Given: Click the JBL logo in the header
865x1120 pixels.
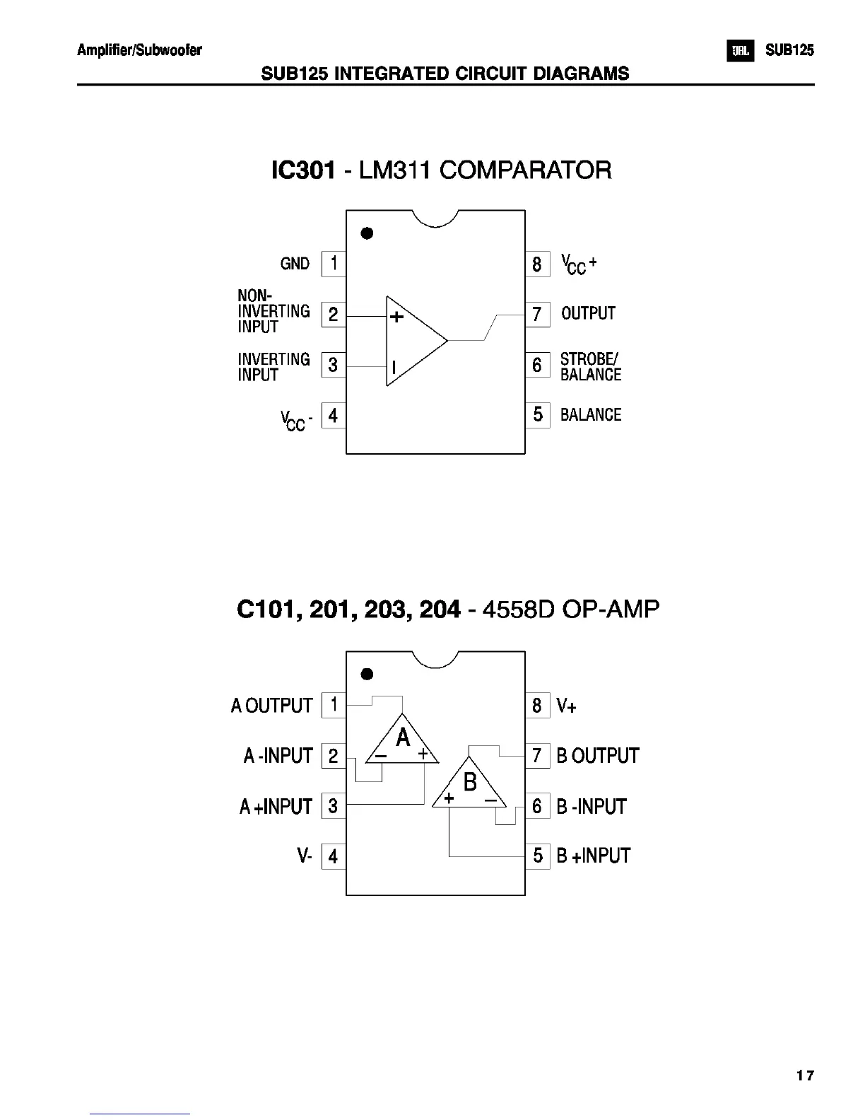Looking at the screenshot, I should coord(740,51).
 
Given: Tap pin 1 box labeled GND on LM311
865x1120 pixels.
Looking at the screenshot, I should coord(334,264).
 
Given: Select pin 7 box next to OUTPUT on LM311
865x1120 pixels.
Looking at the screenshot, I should coord(537,314).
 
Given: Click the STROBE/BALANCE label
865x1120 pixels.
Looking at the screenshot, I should coord(590,367).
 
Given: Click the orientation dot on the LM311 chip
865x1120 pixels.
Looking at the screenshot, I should coord(367,233).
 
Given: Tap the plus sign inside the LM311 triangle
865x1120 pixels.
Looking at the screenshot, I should coord(397,317).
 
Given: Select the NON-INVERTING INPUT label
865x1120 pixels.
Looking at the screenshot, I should coord(273,311).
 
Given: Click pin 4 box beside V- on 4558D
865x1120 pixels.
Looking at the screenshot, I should coord(334,857).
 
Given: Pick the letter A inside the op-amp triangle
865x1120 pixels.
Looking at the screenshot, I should coord(403,738).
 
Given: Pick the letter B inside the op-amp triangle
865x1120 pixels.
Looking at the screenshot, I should coord(470,782).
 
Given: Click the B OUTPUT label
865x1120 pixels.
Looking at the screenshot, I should coord(597,756).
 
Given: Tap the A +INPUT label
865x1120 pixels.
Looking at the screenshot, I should coord(276,807).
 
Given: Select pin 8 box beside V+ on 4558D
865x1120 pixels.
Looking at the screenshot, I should coord(537,705).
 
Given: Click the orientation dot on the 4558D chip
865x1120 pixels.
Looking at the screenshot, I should coord(367,674).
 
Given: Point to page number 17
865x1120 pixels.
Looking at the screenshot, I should coord(804,1075).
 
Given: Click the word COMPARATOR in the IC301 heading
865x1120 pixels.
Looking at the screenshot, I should coord(526,170).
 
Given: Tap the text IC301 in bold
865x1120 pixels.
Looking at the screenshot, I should coord(302,170).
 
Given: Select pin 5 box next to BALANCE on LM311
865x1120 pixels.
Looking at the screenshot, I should coord(537,414).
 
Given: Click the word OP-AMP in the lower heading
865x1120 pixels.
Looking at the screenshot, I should coord(610,609).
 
